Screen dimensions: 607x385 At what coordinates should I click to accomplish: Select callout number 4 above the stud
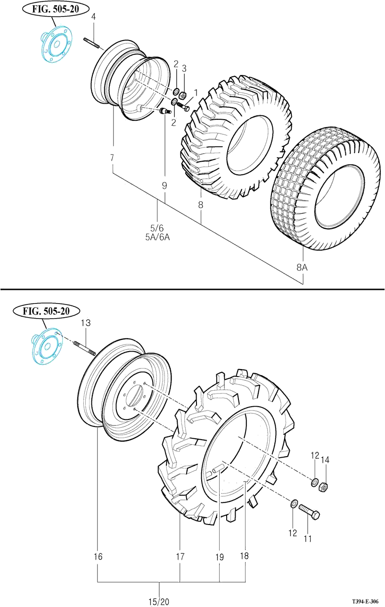(x=93, y=16)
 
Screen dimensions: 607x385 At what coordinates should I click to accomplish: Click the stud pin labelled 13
(x=85, y=349)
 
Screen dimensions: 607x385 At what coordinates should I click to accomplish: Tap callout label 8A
(x=302, y=267)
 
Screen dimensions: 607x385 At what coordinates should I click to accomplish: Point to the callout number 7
(x=112, y=157)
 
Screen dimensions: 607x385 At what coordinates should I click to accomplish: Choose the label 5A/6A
(x=157, y=237)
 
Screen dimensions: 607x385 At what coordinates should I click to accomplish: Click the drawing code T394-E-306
(x=365, y=601)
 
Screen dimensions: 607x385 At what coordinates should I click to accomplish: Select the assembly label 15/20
(x=159, y=601)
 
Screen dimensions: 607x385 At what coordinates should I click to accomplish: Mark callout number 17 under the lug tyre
(x=180, y=557)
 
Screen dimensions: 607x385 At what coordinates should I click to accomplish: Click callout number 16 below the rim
(x=98, y=557)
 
